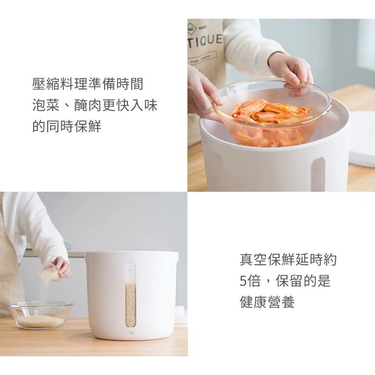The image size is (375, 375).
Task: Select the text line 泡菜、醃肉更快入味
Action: (x=94, y=105)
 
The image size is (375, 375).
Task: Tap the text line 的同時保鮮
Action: (x=67, y=127)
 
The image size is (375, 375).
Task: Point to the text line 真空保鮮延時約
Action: (x=288, y=259)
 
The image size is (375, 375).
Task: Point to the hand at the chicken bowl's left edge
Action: (x=202, y=96)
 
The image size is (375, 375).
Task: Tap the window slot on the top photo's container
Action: (x=318, y=173)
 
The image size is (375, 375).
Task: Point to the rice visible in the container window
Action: (x=130, y=305)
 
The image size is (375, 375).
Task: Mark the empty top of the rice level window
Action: (x=130, y=274)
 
